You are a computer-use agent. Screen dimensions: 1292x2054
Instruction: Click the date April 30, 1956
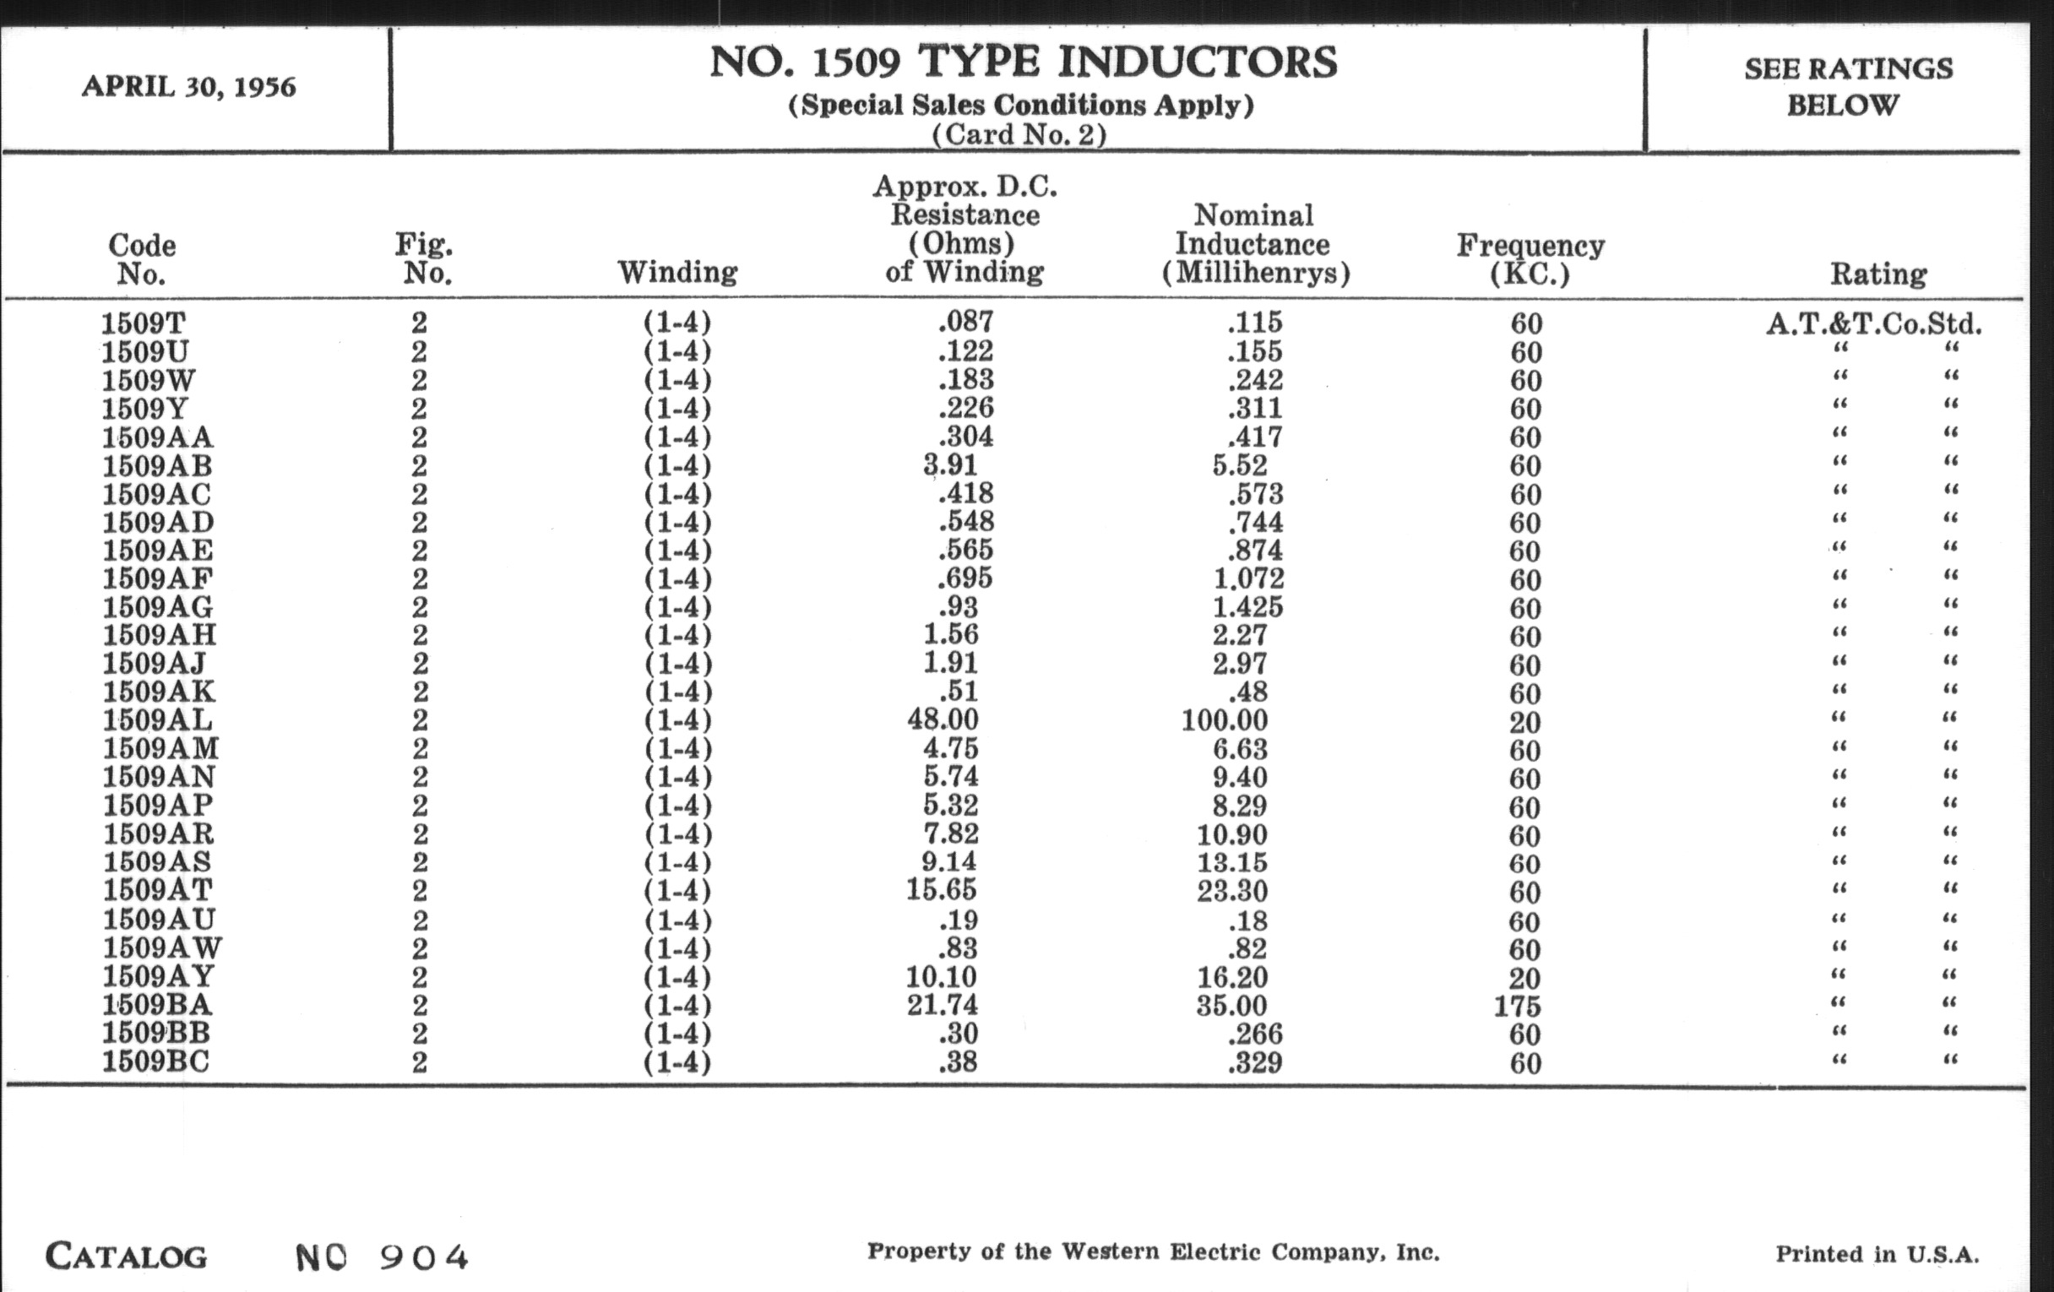tap(188, 87)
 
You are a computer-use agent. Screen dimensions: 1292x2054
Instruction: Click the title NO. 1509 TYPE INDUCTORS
tap(1023, 63)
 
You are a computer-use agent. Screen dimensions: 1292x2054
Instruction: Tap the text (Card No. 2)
tap(1019, 135)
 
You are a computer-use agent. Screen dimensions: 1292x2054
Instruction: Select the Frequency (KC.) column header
tap(1530, 259)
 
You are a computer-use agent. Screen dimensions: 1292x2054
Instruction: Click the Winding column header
tap(677, 273)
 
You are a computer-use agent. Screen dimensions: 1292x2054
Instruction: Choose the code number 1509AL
tap(158, 720)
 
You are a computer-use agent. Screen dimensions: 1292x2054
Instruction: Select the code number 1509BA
tap(157, 1005)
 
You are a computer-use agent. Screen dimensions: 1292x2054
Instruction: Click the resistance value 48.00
tap(943, 719)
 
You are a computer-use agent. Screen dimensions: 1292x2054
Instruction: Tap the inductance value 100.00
tap(1224, 720)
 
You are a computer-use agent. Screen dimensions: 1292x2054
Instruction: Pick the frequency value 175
tap(1517, 1007)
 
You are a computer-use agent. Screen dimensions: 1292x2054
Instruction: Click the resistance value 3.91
tap(949, 464)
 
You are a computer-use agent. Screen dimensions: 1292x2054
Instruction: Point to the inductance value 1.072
tap(1248, 579)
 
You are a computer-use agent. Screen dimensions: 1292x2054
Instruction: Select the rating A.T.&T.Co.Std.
tap(1874, 324)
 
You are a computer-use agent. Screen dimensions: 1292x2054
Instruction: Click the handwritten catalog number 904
tap(424, 1257)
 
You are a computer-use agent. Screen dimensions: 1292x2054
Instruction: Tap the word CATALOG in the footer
tap(126, 1257)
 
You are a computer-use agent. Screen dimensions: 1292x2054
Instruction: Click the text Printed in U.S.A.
tap(1877, 1255)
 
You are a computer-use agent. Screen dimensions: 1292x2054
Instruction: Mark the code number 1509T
tap(144, 323)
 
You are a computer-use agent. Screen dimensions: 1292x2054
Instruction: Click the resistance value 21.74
tap(942, 1005)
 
